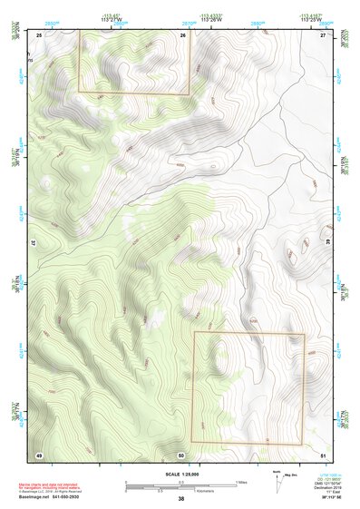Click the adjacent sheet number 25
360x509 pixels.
point(39,34)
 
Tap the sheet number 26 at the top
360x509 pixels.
point(182,34)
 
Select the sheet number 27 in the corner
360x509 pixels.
point(323,34)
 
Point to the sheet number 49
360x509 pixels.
point(39,454)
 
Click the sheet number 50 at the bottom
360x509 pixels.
point(181,454)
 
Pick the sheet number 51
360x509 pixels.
point(323,454)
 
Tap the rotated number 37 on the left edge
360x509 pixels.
point(33,244)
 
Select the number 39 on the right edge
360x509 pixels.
point(328,244)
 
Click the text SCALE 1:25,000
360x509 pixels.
point(180,475)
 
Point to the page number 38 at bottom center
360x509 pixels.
point(180,498)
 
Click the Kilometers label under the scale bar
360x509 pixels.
point(189,493)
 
